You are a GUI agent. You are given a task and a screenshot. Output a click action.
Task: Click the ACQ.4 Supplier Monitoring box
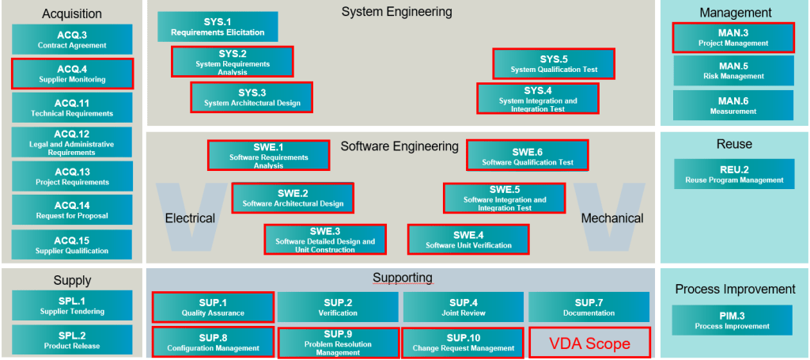point(72,74)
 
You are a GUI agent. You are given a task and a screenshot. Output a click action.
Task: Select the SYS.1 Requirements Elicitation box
point(218,27)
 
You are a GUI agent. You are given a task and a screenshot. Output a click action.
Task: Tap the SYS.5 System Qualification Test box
point(554,64)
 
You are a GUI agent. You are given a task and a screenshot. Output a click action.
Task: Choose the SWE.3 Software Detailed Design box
point(325,239)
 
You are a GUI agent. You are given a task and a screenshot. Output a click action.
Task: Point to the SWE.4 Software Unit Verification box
point(468,239)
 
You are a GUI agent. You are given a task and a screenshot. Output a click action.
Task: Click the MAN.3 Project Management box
point(733,38)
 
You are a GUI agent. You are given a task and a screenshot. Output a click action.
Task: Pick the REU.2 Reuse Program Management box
point(734,174)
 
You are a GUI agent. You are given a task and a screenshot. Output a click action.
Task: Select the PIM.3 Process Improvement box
point(733,320)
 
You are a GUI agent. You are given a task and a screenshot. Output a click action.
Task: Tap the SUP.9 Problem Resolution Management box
point(338,343)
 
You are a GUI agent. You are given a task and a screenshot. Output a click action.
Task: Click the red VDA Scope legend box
point(590,343)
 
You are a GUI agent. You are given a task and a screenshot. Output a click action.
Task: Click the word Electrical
point(190,218)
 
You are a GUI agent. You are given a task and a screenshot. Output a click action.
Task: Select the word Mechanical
point(612,218)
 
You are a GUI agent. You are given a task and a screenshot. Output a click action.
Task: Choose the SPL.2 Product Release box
point(72,340)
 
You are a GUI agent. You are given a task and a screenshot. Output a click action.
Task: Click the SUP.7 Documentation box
point(589,307)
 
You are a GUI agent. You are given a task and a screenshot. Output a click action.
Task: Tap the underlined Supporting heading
point(403,278)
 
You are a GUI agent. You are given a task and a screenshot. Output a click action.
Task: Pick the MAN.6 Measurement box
point(733,106)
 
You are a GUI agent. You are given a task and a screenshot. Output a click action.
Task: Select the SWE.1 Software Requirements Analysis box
point(269,156)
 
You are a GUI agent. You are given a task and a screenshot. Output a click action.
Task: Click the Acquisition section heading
point(72,13)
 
